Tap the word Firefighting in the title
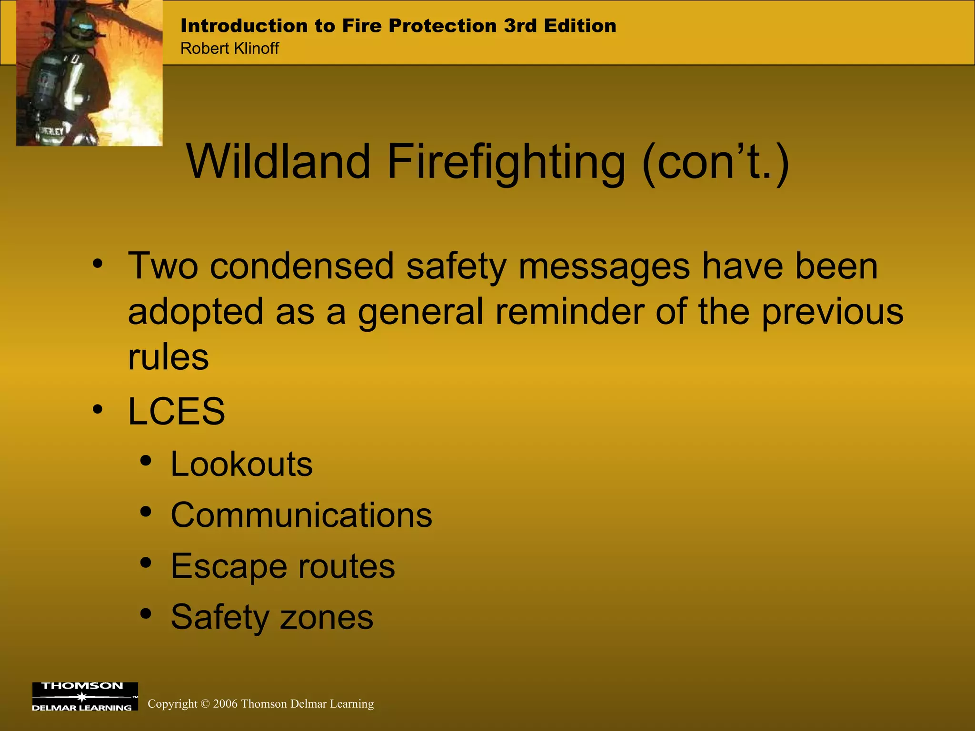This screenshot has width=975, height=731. tap(506, 163)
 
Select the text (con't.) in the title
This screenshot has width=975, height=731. tap(716, 163)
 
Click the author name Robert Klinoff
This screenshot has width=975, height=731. tap(229, 49)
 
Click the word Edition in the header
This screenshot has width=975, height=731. tap(580, 26)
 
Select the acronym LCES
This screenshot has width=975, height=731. tap(176, 411)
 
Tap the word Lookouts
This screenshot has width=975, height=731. tap(241, 464)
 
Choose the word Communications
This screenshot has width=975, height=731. tap(301, 515)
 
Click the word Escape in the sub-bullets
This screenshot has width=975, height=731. tap(229, 566)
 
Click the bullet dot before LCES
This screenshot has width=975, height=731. tap(98, 409)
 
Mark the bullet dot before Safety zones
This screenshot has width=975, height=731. tap(146, 613)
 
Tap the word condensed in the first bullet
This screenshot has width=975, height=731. tap(302, 266)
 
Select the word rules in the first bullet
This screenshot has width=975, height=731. tap(168, 357)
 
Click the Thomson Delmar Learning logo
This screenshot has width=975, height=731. tap(85, 696)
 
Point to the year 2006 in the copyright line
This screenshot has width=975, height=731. tap(225, 704)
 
